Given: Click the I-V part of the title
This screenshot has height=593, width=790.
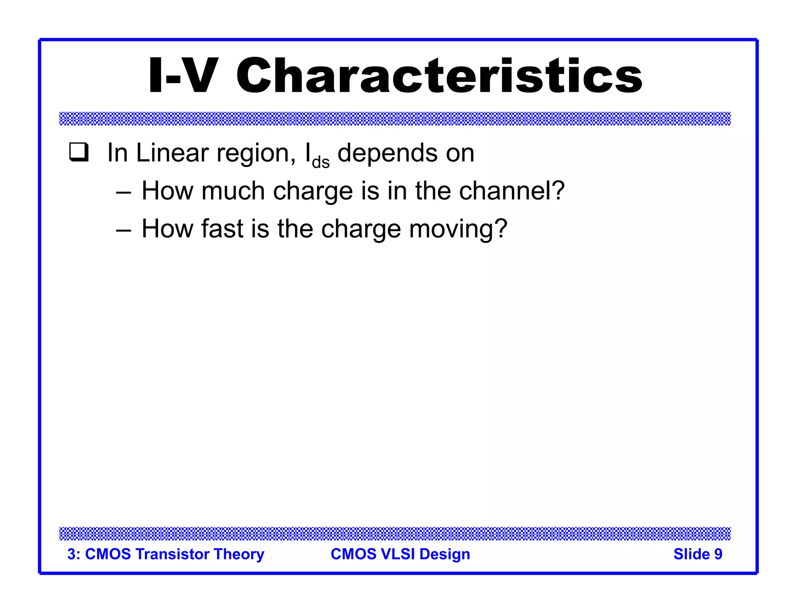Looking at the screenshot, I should tap(181, 76).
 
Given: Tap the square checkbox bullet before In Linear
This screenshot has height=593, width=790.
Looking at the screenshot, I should tap(79, 152).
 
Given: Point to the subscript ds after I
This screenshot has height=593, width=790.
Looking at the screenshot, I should tap(321, 163).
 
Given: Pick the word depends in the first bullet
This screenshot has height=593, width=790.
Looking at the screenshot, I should tap(387, 154).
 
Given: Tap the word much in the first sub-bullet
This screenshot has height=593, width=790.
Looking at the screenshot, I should tap(233, 191).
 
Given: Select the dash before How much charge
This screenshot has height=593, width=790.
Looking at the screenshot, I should tap(123, 191).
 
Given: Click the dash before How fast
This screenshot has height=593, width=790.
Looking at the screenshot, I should tap(123, 229).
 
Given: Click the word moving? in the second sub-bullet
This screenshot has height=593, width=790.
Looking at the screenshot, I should tap(458, 229).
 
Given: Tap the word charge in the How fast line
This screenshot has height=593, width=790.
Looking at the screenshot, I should tap(361, 229).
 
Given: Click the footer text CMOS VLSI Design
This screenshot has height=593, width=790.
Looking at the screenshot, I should tap(400, 554).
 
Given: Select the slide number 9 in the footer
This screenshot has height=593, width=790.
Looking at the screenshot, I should tap(718, 554).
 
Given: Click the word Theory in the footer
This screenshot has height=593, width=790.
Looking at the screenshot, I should tap(239, 554).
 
